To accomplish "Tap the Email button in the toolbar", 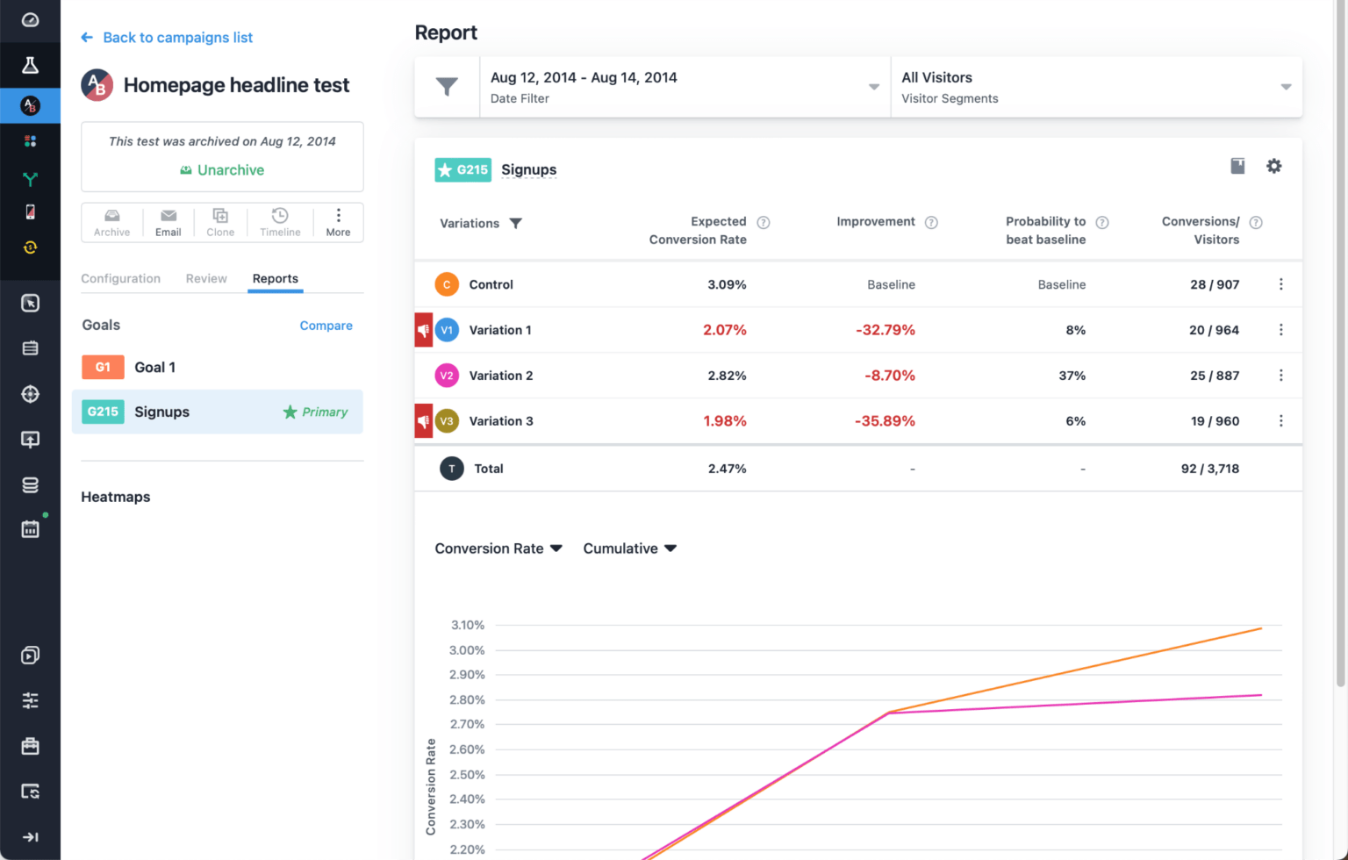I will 168,223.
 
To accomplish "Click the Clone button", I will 220,223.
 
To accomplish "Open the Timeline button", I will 280,223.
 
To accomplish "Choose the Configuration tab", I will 121,278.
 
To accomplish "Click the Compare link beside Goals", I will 326,326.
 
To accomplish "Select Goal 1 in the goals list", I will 154,368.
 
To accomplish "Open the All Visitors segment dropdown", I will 1095,87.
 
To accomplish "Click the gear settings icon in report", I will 1273,166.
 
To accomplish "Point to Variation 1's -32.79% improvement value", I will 885,330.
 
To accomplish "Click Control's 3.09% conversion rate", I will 727,284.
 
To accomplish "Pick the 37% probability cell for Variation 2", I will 1072,376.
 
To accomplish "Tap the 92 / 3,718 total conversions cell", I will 1209,469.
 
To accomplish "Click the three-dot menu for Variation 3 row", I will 1280,421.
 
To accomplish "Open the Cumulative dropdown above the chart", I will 629,548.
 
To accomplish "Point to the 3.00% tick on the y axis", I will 467,650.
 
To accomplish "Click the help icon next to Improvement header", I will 931,223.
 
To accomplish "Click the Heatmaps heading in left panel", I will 116,497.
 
